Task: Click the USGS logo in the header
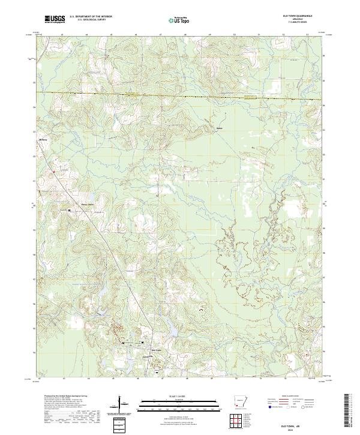55,19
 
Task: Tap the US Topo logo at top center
178,20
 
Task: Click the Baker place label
220,127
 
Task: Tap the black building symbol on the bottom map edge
157,373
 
